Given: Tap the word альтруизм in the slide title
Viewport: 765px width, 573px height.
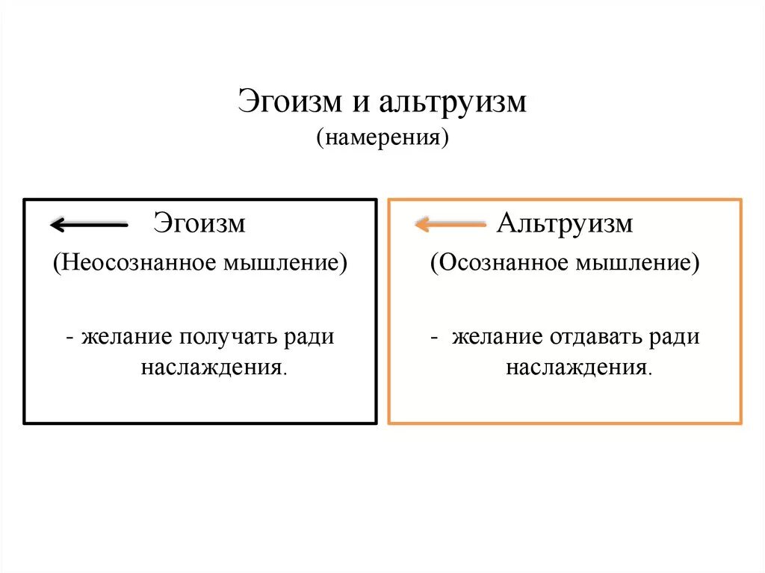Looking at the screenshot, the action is pyautogui.click(x=453, y=102).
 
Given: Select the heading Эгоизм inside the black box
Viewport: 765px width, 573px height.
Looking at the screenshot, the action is pyautogui.click(x=199, y=223).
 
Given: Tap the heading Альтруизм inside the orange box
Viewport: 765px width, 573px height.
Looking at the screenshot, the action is pyautogui.click(x=566, y=223).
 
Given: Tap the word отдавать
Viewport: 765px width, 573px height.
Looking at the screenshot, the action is pyautogui.click(x=595, y=337).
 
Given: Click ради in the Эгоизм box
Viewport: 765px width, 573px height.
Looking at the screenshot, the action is pyautogui.click(x=309, y=337).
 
